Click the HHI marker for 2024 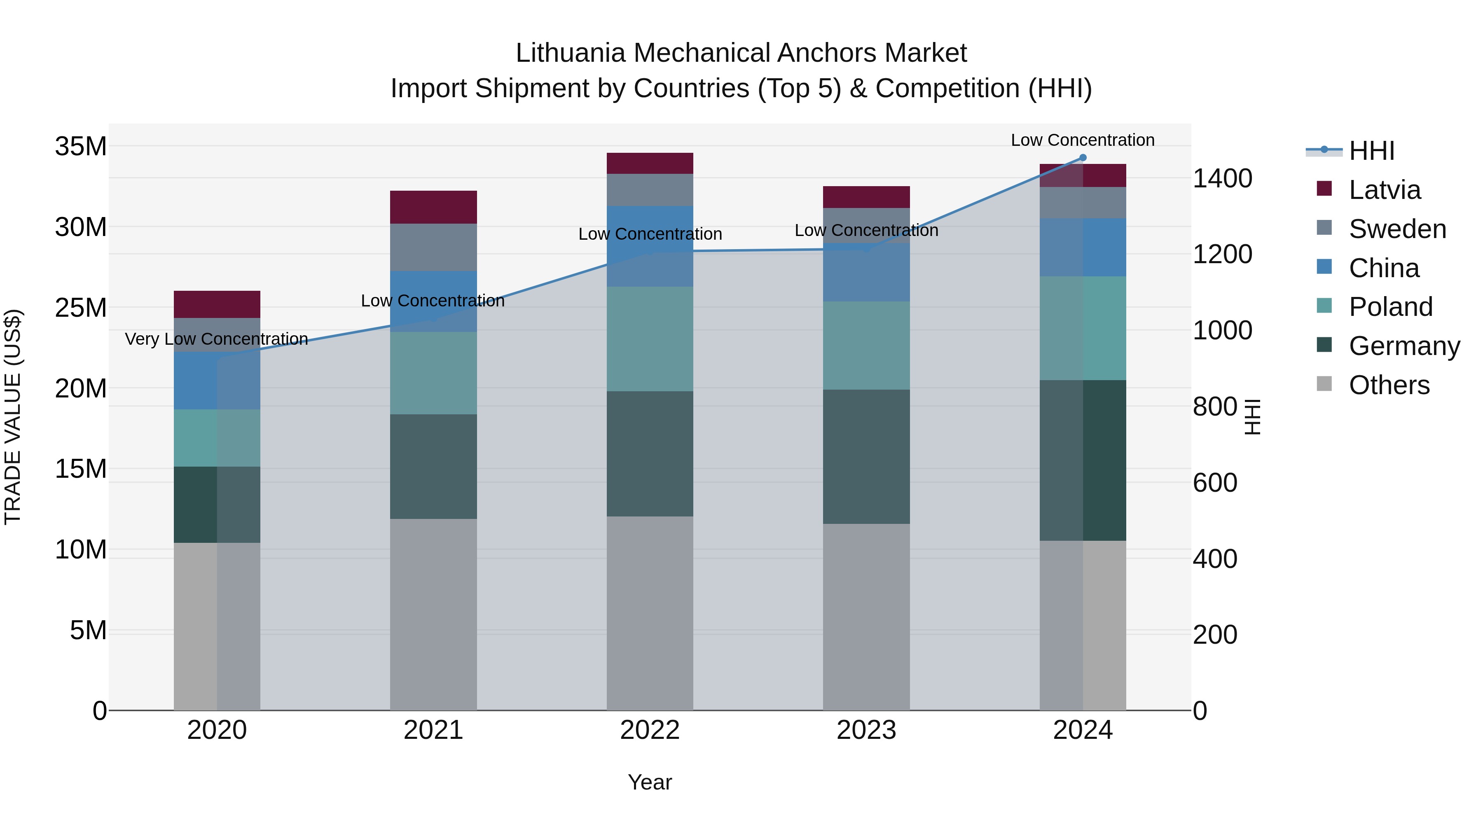pyautogui.click(x=1082, y=158)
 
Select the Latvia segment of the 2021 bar pyautogui.click(x=433, y=207)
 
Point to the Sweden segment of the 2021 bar pyautogui.click(x=433, y=247)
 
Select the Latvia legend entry pyautogui.click(x=1384, y=190)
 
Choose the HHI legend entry pyautogui.click(x=1371, y=151)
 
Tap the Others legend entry pyautogui.click(x=1389, y=385)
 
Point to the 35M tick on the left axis pyautogui.click(x=81, y=146)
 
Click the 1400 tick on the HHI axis pyautogui.click(x=1222, y=178)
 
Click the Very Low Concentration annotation pyautogui.click(x=216, y=339)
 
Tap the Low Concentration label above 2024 pyautogui.click(x=1082, y=140)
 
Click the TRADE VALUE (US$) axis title pyautogui.click(x=13, y=417)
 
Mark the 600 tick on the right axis pyautogui.click(x=1215, y=483)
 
